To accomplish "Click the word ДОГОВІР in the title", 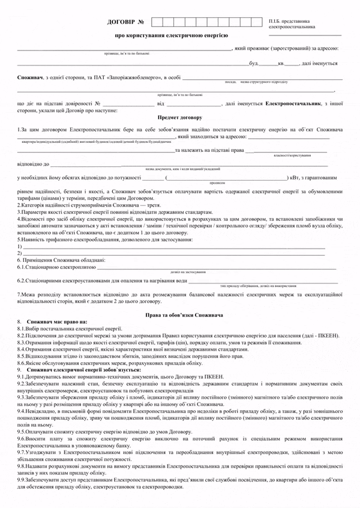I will point(122,23).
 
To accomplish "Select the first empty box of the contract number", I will point(157,23).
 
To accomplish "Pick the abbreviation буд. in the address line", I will point(254,63).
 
